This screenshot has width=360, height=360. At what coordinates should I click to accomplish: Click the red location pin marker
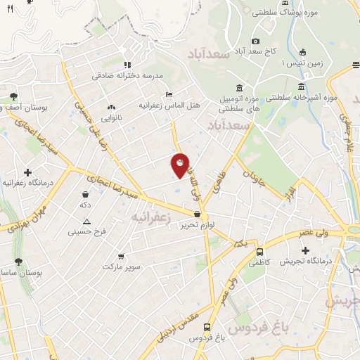pyautogui.click(x=180, y=165)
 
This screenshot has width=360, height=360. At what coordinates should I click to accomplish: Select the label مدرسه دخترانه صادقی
pyautogui.click(x=128, y=75)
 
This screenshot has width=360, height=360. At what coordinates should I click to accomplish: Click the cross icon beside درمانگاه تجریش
pyautogui.click(x=305, y=250)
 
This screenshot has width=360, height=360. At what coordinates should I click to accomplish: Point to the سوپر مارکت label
pyautogui.click(x=122, y=266)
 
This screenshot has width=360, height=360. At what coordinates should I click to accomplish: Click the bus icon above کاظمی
pyautogui.click(x=259, y=252)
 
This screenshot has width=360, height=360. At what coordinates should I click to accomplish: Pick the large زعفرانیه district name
pyautogui.click(x=152, y=218)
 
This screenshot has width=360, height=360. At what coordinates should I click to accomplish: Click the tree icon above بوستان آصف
pyautogui.click(x=15, y=96)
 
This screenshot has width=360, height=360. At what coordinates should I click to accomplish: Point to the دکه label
pyautogui.click(x=86, y=204)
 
